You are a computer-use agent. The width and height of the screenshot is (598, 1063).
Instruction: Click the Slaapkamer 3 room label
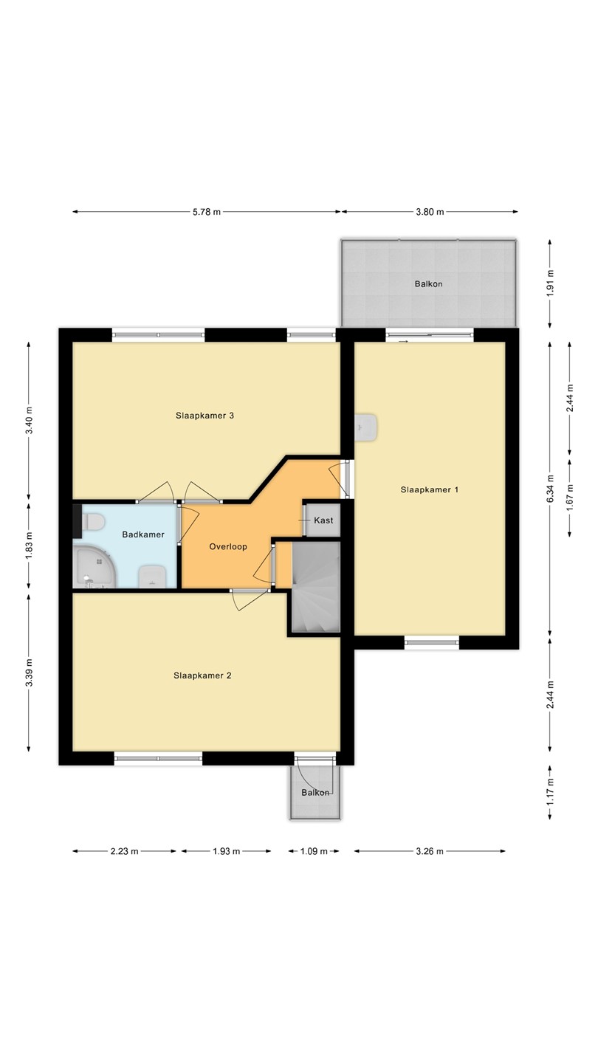pyautogui.click(x=205, y=416)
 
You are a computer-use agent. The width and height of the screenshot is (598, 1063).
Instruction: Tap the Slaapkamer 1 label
pyautogui.click(x=430, y=489)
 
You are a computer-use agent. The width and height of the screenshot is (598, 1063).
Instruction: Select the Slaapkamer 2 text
pyautogui.click(x=202, y=675)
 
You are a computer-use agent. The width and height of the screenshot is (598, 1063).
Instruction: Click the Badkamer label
pyautogui.click(x=143, y=534)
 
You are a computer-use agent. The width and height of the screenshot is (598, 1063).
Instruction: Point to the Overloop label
pyautogui.click(x=228, y=547)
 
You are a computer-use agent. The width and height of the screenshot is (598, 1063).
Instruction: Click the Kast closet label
pyautogui.click(x=323, y=520)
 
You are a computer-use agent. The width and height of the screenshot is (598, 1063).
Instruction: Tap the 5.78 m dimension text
pyautogui.click(x=207, y=212)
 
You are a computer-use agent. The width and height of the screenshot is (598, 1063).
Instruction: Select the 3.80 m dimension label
pyautogui.click(x=430, y=212)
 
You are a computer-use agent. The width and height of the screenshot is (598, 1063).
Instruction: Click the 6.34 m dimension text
pyautogui.click(x=550, y=489)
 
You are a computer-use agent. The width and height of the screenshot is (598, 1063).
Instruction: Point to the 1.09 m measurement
pyautogui.click(x=314, y=851)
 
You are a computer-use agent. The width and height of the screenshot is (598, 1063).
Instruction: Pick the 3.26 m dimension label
pyautogui.click(x=430, y=851)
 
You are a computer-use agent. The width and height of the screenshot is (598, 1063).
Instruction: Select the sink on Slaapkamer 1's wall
pyautogui.click(x=366, y=427)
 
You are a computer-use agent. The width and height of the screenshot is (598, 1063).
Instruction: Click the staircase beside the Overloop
pyautogui.click(x=316, y=588)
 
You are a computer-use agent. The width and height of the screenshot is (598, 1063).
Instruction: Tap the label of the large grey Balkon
pyautogui.click(x=428, y=284)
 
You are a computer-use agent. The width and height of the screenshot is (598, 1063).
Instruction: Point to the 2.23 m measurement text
pyautogui.click(x=124, y=851)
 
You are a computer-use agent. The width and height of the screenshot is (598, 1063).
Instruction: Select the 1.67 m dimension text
pyautogui.click(x=569, y=498)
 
